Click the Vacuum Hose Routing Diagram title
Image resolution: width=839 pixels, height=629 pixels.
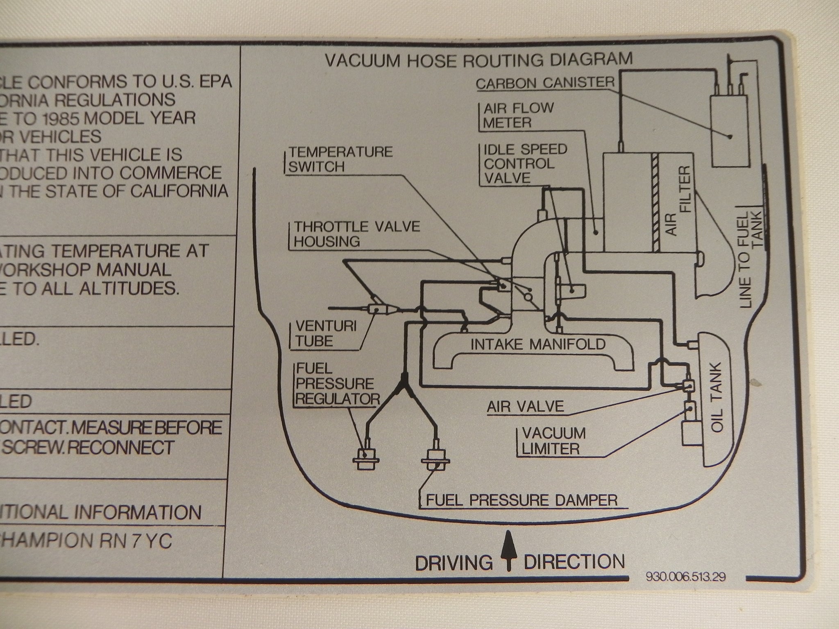(478, 60)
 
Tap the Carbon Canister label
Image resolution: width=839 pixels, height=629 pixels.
(545, 83)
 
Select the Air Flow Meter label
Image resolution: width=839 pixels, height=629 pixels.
(518, 115)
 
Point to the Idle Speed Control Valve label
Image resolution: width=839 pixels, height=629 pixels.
(524, 163)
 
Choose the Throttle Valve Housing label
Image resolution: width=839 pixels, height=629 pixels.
(356, 234)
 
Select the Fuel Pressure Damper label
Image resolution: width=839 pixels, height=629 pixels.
(521, 500)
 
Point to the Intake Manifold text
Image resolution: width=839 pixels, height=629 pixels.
(537, 344)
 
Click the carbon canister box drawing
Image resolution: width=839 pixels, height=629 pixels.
(729, 131)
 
